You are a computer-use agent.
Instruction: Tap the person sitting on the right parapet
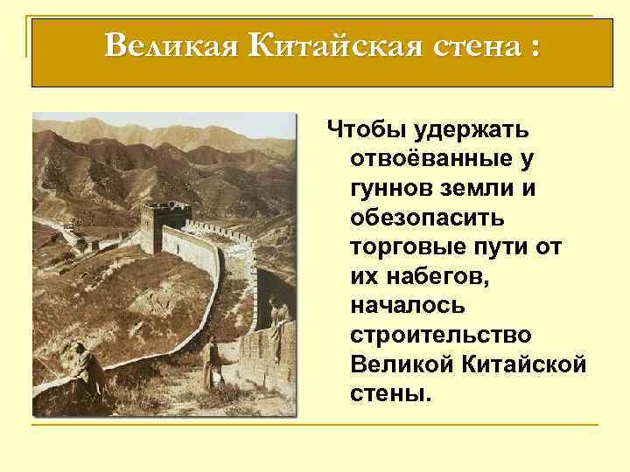279,318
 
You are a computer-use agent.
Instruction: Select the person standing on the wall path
211,359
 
